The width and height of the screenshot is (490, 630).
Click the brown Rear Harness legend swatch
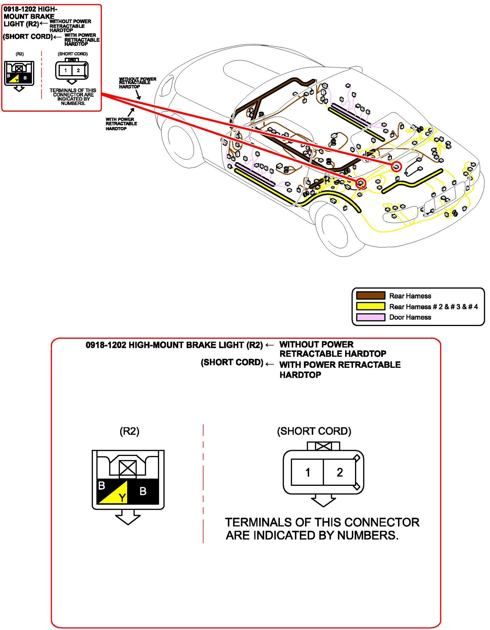pyautogui.click(x=370, y=296)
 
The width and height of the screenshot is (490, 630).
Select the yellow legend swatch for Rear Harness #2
pyautogui.click(x=370, y=306)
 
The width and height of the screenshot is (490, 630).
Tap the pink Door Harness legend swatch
pyautogui.click(x=370, y=317)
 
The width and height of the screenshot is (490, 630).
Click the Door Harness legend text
pyautogui.click(x=410, y=317)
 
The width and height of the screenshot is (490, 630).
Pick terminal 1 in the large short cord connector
pyautogui.click(x=308, y=472)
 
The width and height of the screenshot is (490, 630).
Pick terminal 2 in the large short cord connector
pyautogui.click(x=340, y=472)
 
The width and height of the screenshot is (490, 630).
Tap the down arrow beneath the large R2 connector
pyautogui.click(x=128, y=517)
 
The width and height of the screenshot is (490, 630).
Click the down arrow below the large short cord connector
pyautogui.click(x=323, y=500)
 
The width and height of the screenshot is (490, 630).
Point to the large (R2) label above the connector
pyautogui.click(x=129, y=431)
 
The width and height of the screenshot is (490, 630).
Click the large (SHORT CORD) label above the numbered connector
pyautogui.click(x=314, y=431)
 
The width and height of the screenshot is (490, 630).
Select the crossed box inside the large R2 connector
pyautogui.click(x=128, y=468)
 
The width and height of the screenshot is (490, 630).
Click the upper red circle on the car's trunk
pyautogui.click(x=396, y=166)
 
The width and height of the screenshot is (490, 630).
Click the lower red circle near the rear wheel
pyautogui.click(x=360, y=183)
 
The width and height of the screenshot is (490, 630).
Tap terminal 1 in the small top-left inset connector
pyautogui.click(x=66, y=71)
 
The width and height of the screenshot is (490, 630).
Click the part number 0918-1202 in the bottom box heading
pyautogui.click(x=106, y=345)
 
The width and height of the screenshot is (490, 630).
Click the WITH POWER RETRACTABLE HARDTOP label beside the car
pyautogui.click(x=121, y=124)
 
